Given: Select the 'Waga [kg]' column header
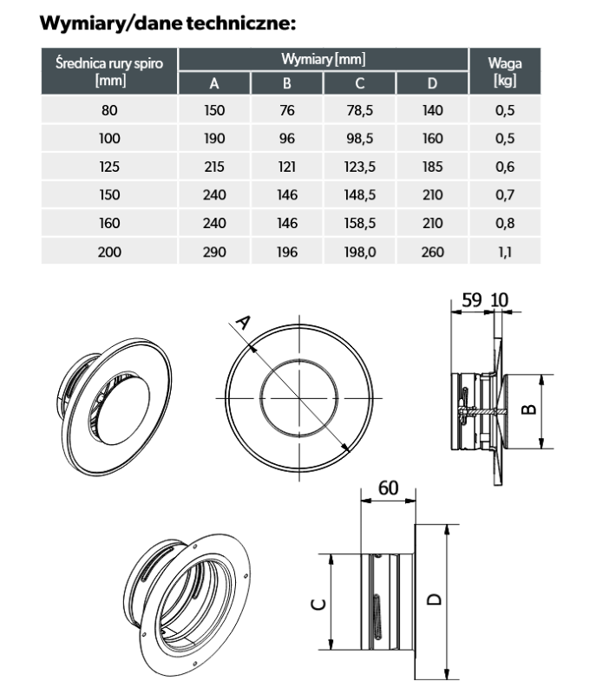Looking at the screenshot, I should point(505,71).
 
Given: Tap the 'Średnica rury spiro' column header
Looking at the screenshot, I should point(108,71).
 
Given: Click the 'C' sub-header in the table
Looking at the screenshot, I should point(359,83).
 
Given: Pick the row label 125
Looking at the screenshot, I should point(108,167).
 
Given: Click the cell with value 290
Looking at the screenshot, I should point(213,252).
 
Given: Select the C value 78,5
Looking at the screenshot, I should point(359,110).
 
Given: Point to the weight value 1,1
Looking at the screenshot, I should point(505,252).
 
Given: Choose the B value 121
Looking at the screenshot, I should point(287,167).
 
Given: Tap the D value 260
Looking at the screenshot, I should point(432,252).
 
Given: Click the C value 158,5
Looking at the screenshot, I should point(359,223).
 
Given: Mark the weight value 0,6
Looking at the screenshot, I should point(505,167).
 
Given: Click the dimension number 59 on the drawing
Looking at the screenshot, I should point(472,299).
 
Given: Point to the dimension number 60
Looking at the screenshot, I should point(388,488).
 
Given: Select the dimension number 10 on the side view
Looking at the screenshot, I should point(501,299).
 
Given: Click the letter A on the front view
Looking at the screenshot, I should point(244,323).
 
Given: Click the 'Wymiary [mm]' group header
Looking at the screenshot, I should point(323,60).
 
